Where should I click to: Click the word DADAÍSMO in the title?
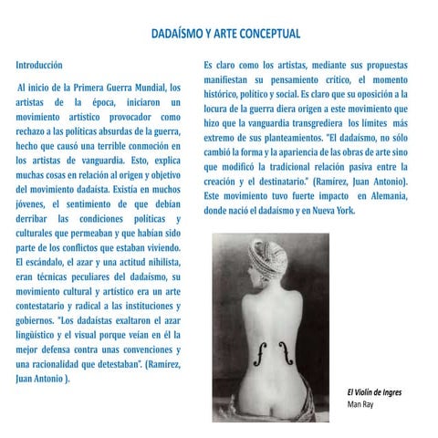coord(179,35)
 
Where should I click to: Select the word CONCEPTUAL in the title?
coord(268,35)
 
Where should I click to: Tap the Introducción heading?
coord(39,66)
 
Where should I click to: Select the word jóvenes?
coord(32,203)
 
